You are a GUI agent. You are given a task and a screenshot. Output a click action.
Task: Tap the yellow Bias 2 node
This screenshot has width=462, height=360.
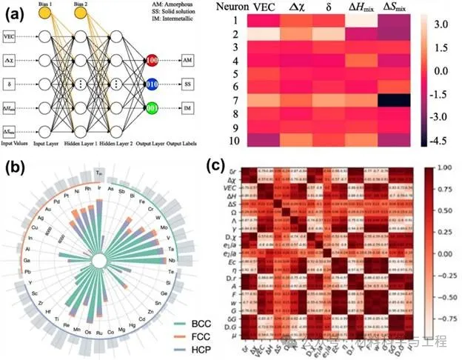tap(81, 14)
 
